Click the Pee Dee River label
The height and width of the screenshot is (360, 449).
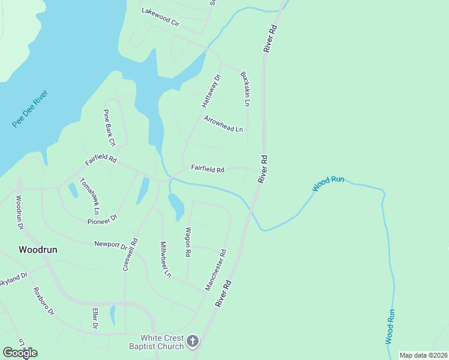pos(30,109)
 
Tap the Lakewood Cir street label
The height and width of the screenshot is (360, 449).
pos(160,17)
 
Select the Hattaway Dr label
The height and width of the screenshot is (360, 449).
pos(211,90)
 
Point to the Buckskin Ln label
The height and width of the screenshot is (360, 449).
pos(245,89)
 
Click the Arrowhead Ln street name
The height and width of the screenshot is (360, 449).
pos(223,124)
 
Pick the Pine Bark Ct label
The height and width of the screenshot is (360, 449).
pos(109,128)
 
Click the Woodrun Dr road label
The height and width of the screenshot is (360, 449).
pos(19,212)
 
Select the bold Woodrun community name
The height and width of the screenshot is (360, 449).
pos(38,250)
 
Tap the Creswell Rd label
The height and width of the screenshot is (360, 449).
pos(130,254)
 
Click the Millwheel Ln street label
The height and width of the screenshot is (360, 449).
pos(165,259)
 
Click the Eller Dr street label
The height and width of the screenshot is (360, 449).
pos(95,318)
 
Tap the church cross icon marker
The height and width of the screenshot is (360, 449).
pos(192,341)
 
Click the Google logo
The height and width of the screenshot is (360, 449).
pos(20,352)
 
